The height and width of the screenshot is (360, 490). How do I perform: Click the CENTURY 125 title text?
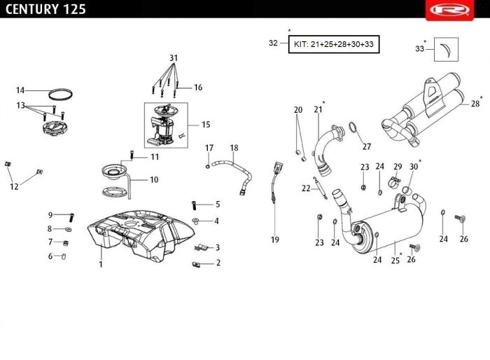(x=43, y=9)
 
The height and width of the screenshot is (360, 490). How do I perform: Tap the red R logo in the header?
(x=463, y=9)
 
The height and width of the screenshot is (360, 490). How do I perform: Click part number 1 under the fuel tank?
(x=101, y=264)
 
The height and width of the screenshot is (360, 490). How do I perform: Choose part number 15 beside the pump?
(x=206, y=125)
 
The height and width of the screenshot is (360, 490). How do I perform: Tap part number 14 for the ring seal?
(x=20, y=90)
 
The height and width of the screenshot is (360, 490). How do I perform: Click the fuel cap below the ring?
(x=54, y=128)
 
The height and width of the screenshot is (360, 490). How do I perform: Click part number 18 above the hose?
(x=234, y=148)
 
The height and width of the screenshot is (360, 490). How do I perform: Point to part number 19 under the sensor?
(x=275, y=240)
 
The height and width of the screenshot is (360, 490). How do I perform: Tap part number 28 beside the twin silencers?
(x=475, y=104)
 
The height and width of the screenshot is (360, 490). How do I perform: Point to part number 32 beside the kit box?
(x=274, y=43)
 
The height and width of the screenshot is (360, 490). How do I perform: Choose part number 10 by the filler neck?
(x=153, y=180)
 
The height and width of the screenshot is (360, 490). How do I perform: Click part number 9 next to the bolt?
(x=50, y=215)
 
